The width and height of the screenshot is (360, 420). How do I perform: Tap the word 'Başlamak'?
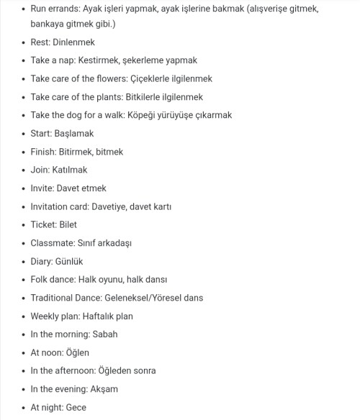click(76, 133)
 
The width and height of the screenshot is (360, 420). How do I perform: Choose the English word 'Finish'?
click(43, 152)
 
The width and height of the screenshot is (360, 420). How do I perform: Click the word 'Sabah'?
click(104, 334)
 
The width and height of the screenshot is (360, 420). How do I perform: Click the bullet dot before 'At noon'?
click(22, 352)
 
